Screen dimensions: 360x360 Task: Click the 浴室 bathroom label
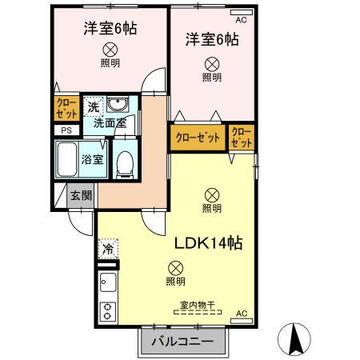click(93, 158)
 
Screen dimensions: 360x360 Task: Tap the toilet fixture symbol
click(124, 163)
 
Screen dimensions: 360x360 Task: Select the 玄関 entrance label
click(81, 195)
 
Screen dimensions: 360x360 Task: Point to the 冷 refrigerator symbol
click(107, 249)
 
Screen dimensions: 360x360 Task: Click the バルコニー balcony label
click(181, 342)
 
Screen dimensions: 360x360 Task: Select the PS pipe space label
click(66, 130)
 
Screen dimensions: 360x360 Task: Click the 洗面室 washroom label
click(110, 123)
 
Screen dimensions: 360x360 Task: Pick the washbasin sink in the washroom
click(120, 106)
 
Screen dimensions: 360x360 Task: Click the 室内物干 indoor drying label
click(198, 304)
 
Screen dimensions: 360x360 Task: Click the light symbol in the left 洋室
click(110, 50)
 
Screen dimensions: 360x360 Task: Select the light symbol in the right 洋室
click(212, 64)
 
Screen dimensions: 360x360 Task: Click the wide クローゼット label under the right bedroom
click(198, 137)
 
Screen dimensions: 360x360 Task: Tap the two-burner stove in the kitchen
click(108, 310)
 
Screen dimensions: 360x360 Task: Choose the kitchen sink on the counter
click(108, 282)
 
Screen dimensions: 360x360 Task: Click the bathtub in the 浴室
click(67, 158)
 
